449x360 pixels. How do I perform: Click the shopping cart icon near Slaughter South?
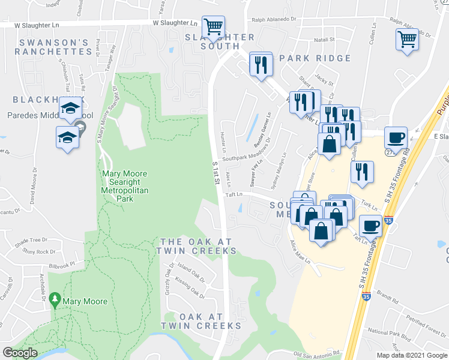point(212,26)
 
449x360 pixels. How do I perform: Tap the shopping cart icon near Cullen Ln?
point(407,40)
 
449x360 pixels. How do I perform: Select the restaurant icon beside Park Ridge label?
point(261,64)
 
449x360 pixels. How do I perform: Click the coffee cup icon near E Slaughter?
point(396,137)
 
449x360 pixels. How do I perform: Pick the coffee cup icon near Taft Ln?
point(371,226)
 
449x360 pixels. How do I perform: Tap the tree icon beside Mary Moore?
point(55,299)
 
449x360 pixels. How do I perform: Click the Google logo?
point(20,353)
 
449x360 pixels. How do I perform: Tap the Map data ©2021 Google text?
point(411,355)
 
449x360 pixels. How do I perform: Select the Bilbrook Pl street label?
point(64,263)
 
